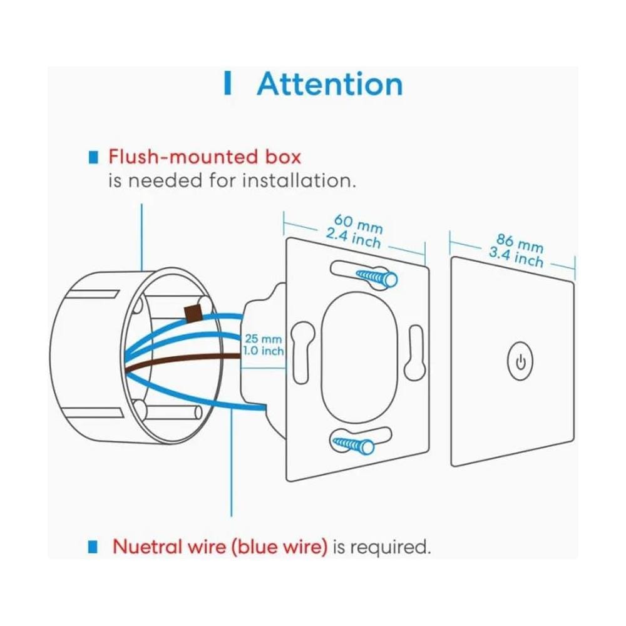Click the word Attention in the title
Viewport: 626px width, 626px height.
pos(330,84)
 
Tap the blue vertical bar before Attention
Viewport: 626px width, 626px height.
pos(228,83)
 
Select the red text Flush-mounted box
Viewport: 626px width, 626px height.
pos(205,156)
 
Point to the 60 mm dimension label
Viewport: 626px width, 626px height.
pos(358,224)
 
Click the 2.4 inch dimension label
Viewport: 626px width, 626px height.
pos(353,239)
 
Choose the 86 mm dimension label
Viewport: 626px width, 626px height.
pos(520,244)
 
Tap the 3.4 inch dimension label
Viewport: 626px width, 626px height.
pos(516,257)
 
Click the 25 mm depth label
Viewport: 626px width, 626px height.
pos(263,339)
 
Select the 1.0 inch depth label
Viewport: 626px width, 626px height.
pos(264,351)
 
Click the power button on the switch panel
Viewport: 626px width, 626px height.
pos(520,362)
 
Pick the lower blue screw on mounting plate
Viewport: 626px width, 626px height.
pos(353,444)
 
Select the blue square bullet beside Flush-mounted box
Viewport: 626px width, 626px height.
pos(93,157)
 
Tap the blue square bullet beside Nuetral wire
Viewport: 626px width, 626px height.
pos(93,546)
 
